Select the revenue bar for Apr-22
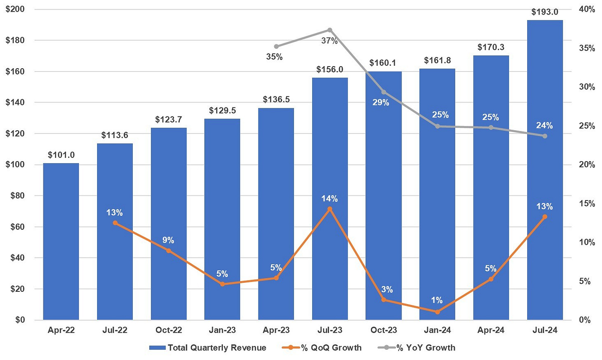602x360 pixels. click(x=61, y=241)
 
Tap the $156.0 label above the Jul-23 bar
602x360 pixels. click(x=330, y=69)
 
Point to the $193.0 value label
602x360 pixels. click(x=545, y=12)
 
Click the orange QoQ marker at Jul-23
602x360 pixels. click(x=330, y=209)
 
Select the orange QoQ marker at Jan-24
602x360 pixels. click(x=437, y=312)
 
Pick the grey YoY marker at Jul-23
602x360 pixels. click(x=330, y=30)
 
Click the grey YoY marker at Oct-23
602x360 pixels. click(x=383, y=92)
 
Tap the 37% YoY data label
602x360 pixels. click(x=330, y=41)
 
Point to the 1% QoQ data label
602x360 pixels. click(x=437, y=300)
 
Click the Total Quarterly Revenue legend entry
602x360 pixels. click(x=208, y=348)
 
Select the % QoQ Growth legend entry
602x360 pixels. click(x=322, y=348)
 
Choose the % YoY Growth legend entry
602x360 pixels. click(x=416, y=348)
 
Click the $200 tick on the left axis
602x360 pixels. click(x=15, y=9)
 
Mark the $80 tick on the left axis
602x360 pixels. click(x=17, y=195)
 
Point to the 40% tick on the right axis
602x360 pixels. click(x=587, y=9)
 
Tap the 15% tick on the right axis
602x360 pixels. click(x=587, y=203)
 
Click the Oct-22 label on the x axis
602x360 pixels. click(x=168, y=330)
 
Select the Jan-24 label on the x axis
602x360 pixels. click(x=437, y=330)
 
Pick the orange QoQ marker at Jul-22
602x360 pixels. click(x=115, y=223)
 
